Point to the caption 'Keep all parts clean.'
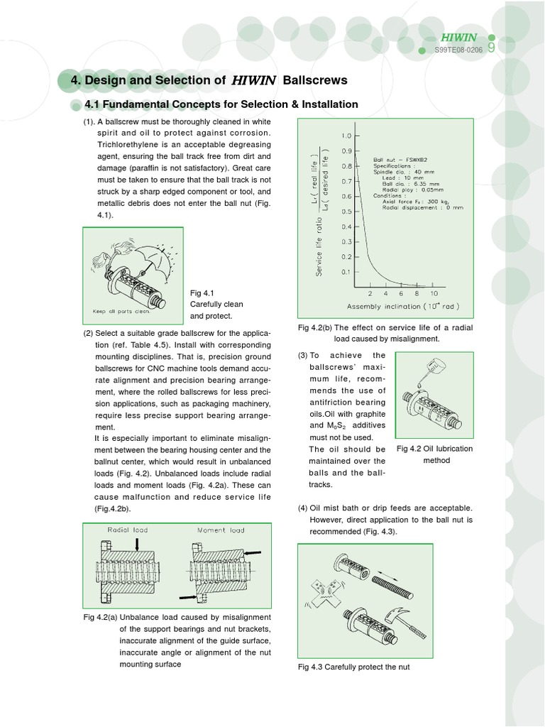tap(121, 311)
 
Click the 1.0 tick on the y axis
tap(346, 136)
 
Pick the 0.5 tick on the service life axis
tap(346, 212)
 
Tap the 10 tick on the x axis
tap(434, 293)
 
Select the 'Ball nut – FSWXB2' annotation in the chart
tap(403, 160)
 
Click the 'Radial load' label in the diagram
tap(128, 530)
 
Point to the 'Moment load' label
tap(220, 530)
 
